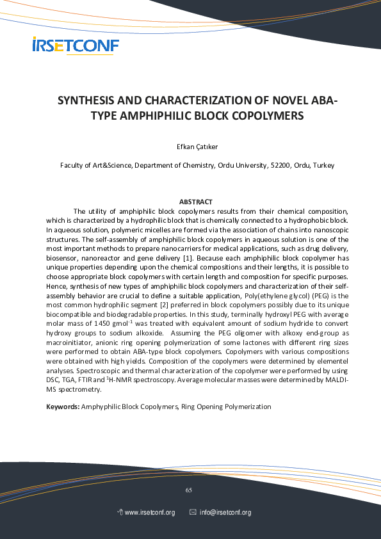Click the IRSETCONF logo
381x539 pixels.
76,45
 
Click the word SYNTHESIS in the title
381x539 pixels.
86,101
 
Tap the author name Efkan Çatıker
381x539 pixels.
197,147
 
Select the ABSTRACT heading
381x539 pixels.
196,202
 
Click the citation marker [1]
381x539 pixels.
187,257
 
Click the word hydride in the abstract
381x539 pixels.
279,325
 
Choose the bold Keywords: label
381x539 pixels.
63,406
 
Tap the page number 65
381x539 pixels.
189,490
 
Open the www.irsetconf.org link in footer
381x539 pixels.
149,513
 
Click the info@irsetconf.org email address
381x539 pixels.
225,513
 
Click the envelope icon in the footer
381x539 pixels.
193,513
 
